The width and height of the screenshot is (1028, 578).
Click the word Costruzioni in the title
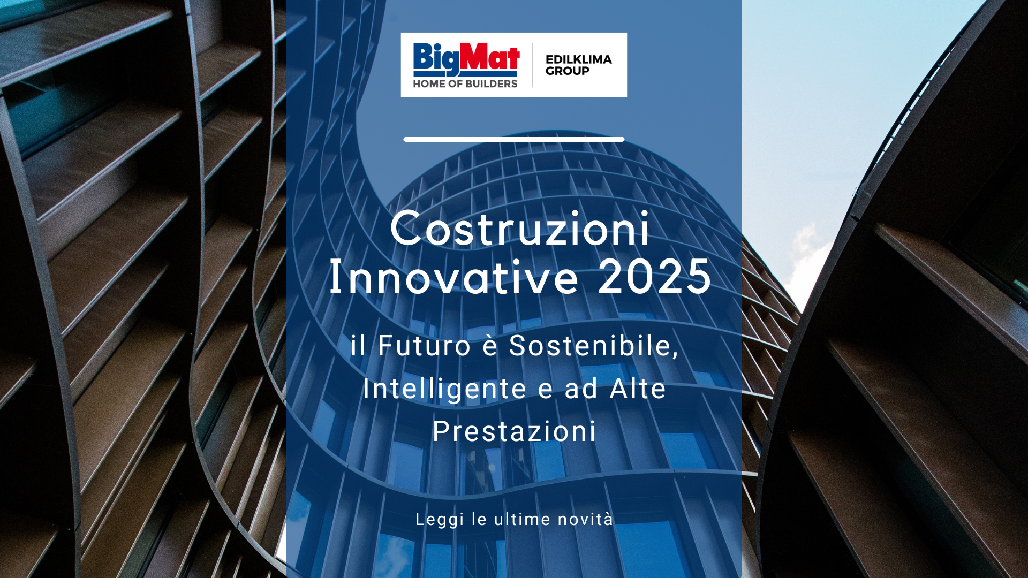[520, 229]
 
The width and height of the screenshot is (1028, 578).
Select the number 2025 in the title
[655, 277]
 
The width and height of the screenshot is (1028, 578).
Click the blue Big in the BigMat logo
[436, 59]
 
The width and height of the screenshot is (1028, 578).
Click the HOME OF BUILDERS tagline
[465, 84]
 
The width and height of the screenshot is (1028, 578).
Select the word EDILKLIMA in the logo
[579, 59]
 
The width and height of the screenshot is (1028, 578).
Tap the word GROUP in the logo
[568, 71]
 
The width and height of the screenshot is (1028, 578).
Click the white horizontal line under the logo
[514, 139]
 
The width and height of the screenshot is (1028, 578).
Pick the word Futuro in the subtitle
[425, 346]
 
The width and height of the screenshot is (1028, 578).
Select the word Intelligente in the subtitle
[437, 390]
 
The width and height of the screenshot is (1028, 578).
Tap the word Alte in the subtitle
[638, 389]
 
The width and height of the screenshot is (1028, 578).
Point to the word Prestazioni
[514, 431]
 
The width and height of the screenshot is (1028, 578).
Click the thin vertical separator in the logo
[532, 65]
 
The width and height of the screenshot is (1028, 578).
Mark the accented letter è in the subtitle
[490, 346]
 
